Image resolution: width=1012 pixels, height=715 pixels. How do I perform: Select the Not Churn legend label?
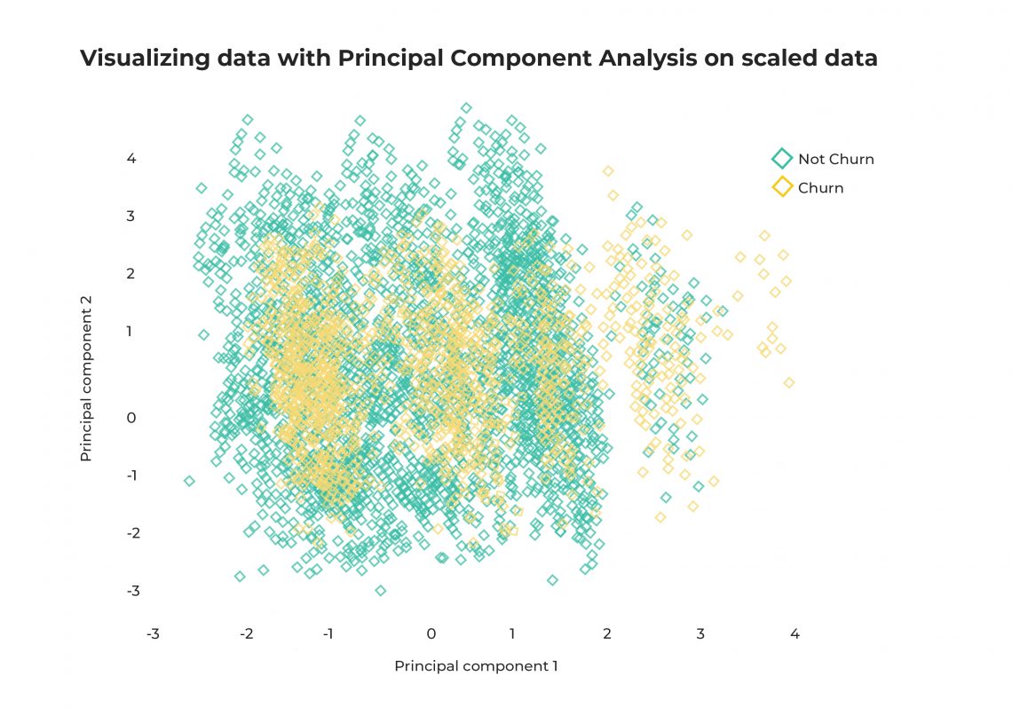[835, 160]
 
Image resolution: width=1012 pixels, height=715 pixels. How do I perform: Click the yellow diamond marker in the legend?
[781, 187]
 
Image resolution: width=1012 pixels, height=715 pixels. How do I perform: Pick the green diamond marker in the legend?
[781, 160]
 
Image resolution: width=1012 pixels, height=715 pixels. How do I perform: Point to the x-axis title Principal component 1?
[476, 666]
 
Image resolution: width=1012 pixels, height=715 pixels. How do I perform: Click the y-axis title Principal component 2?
[86, 391]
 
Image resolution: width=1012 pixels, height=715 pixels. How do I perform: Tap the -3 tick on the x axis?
[153, 634]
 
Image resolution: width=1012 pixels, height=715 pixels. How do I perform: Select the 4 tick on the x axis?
[795, 634]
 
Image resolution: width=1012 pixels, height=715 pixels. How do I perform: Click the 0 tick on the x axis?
[431, 634]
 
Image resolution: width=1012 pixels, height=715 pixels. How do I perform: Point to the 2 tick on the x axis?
[607, 634]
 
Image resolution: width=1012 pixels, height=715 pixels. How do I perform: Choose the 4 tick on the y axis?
[130, 159]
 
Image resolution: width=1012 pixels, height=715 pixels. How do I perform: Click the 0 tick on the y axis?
[130, 418]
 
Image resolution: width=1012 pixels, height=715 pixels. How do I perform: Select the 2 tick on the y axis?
[130, 273]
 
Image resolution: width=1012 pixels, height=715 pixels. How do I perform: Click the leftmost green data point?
[189, 481]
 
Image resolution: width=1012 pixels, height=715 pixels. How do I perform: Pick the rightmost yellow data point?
[789, 382]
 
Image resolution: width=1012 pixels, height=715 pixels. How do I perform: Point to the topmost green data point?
[466, 107]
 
